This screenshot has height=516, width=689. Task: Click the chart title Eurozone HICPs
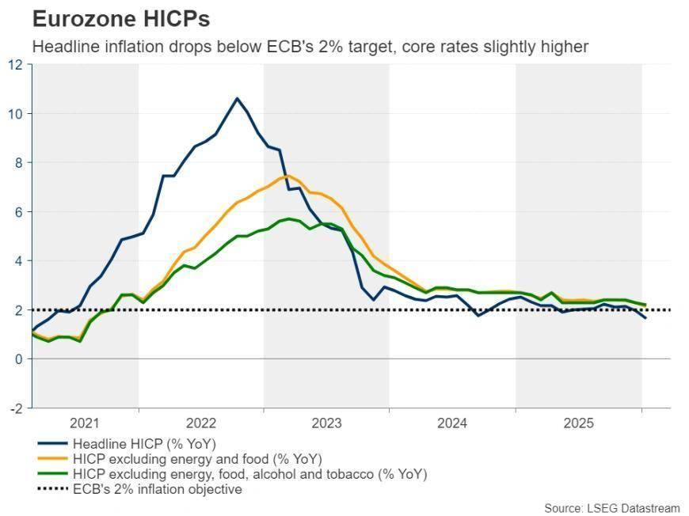pyautogui.click(x=120, y=18)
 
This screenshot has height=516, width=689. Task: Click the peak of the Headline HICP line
pyautogui.click(x=237, y=98)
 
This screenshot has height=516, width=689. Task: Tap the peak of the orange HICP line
pyautogui.click(x=287, y=176)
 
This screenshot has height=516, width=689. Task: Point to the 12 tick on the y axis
pyautogui.click(x=16, y=64)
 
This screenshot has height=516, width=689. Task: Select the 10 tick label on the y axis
pyautogui.click(x=16, y=113)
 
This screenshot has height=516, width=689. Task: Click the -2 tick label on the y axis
pyautogui.click(x=16, y=408)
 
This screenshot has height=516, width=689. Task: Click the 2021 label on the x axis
pyautogui.click(x=85, y=423)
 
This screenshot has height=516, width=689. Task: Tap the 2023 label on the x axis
pyautogui.click(x=326, y=423)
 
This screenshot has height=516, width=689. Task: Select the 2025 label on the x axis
pyautogui.click(x=579, y=423)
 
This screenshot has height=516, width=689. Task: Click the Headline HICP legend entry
pyautogui.click(x=143, y=443)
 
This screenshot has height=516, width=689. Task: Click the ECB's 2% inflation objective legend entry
pyautogui.click(x=157, y=489)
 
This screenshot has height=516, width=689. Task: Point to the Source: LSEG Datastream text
pyautogui.click(x=612, y=507)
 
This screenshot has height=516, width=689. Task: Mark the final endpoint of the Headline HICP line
pyautogui.click(x=645, y=318)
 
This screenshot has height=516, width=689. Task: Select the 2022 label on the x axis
pyautogui.click(x=201, y=423)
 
